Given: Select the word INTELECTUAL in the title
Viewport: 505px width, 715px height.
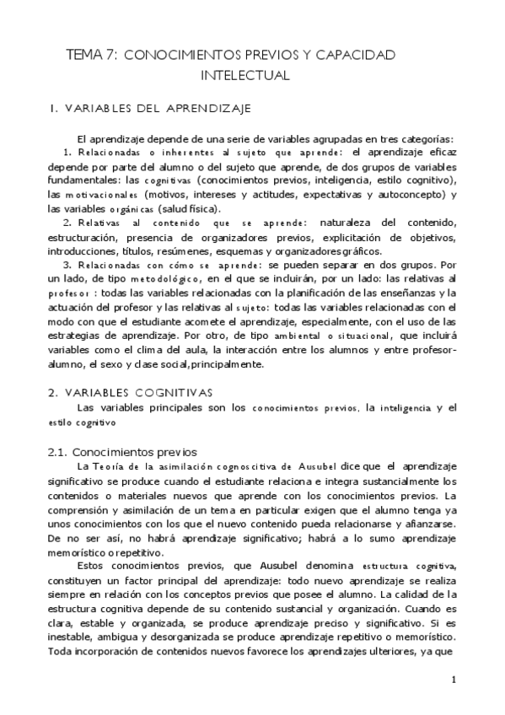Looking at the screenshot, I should pos(244,75).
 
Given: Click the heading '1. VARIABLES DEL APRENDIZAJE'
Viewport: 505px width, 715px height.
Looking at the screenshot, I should pos(149,108).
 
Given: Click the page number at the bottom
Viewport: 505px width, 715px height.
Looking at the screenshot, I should pos(454,680).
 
